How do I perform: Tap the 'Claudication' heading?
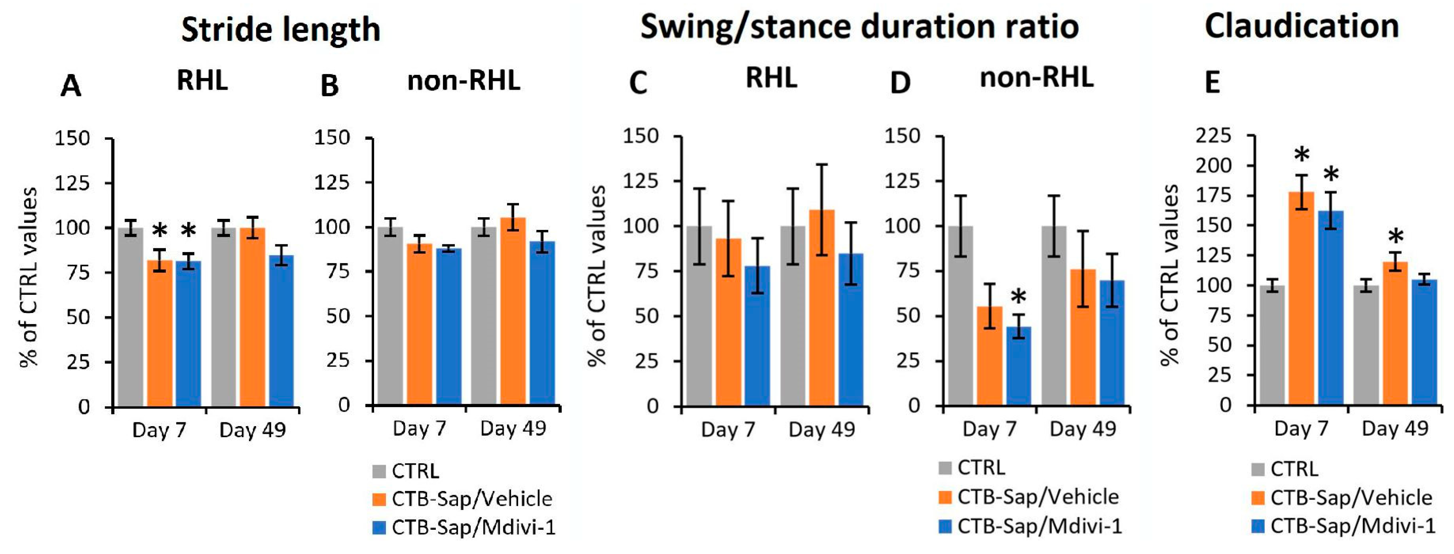pyautogui.click(x=1302, y=26)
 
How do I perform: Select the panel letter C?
pyautogui.click(x=638, y=83)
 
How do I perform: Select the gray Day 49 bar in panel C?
pyautogui.click(x=793, y=316)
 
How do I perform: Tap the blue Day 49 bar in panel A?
pyautogui.click(x=281, y=331)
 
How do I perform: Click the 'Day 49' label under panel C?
pyautogui.click(x=822, y=430)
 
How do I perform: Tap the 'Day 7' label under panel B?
pyautogui.click(x=419, y=429)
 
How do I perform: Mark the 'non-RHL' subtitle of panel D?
pyautogui.click(x=1036, y=77)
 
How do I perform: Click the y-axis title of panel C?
pyautogui.click(x=597, y=276)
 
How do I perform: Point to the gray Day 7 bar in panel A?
pyautogui.click(x=130, y=317)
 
